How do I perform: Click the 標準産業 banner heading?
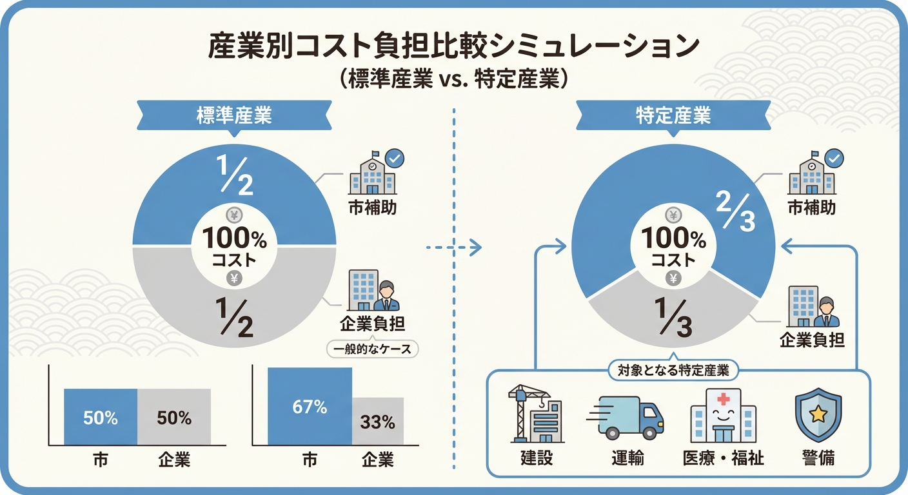(x=234, y=116)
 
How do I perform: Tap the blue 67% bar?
(x=310, y=407)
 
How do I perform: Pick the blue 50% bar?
(x=101, y=417)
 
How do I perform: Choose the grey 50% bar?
(x=174, y=417)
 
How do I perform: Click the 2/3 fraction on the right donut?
(x=733, y=212)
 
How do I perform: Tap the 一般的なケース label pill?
(x=373, y=349)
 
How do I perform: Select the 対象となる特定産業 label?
(x=673, y=370)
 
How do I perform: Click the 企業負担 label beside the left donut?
(x=373, y=324)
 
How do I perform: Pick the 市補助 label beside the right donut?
(x=812, y=208)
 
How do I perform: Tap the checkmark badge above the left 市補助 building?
(x=393, y=157)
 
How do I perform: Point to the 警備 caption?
(x=818, y=458)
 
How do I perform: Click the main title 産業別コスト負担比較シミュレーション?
(x=453, y=48)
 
